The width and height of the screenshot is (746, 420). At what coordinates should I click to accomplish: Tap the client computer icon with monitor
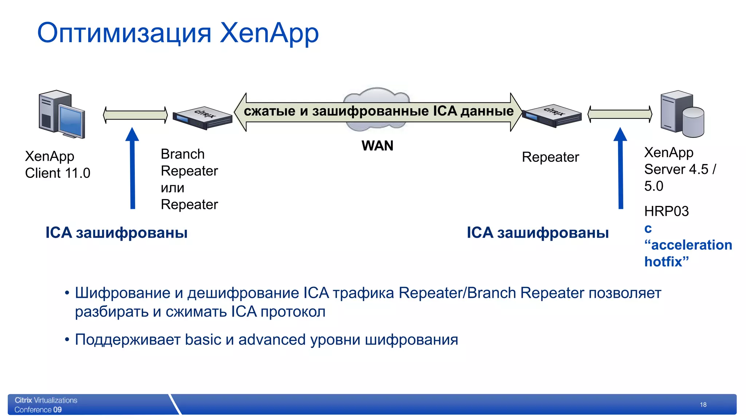coord(61,114)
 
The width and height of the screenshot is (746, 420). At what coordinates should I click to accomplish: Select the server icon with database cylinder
coord(682,114)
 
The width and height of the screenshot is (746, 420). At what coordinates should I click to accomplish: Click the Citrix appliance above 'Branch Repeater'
coord(203,118)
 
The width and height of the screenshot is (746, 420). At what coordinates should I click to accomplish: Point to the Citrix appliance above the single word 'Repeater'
coord(552,116)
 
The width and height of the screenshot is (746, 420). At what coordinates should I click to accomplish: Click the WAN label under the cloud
coord(377,146)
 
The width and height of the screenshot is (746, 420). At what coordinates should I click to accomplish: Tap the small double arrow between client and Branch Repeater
coord(136,115)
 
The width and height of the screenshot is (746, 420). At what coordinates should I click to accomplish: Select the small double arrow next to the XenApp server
coord(620,114)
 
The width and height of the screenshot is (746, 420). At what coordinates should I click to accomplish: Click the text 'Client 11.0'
coord(58,173)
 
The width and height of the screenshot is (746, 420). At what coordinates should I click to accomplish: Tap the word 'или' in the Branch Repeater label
coord(172,188)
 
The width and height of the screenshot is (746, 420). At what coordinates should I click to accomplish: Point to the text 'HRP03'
coord(666,211)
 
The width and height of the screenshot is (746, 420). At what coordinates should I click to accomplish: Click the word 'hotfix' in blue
coord(663,262)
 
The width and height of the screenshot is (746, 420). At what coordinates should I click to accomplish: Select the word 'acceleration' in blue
coord(691,245)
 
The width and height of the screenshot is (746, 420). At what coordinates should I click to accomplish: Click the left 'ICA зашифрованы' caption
coord(117,233)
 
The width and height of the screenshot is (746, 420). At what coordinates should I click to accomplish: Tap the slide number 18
coord(703,405)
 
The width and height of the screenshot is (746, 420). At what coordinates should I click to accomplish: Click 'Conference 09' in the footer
coord(38,410)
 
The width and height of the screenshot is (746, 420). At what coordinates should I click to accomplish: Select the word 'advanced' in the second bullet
coord(272,340)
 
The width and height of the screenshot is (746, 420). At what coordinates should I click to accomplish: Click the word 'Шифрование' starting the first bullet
coord(122,293)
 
